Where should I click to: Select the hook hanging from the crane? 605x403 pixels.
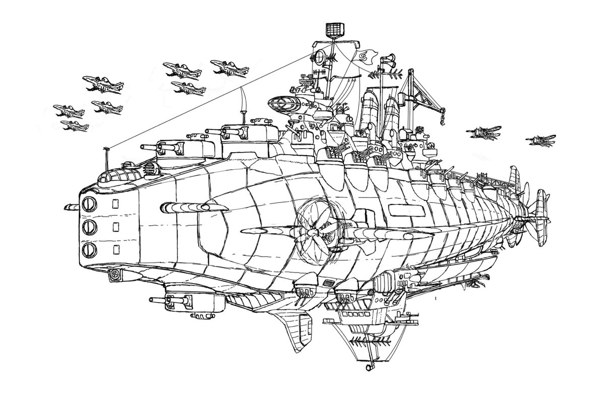click(442, 119)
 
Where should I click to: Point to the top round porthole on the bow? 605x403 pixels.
click(89, 204)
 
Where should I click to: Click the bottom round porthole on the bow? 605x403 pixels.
click(89, 248)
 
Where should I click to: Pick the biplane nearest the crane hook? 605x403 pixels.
click(481, 131)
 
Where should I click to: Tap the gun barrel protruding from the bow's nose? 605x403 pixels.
click(72, 207)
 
